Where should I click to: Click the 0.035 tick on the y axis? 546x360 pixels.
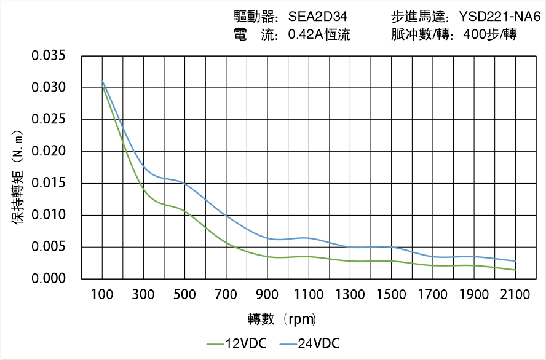(x=49, y=56)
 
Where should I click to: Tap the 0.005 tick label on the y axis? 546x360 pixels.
(x=49, y=248)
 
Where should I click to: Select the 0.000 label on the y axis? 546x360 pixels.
(x=49, y=279)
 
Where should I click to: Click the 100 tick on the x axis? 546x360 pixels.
(x=102, y=295)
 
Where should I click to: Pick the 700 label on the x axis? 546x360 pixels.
(x=226, y=295)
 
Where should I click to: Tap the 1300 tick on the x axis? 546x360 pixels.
(x=350, y=295)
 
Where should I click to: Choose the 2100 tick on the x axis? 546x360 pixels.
(x=515, y=295)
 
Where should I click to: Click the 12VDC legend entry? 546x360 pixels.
(x=237, y=343)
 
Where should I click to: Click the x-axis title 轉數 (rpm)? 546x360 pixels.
(x=282, y=319)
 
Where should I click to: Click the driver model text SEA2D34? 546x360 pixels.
(x=318, y=17)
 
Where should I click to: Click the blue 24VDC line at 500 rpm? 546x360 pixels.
(x=185, y=182)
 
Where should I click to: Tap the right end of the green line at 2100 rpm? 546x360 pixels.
(x=515, y=270)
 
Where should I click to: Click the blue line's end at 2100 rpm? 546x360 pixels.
(x=515, y=261)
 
